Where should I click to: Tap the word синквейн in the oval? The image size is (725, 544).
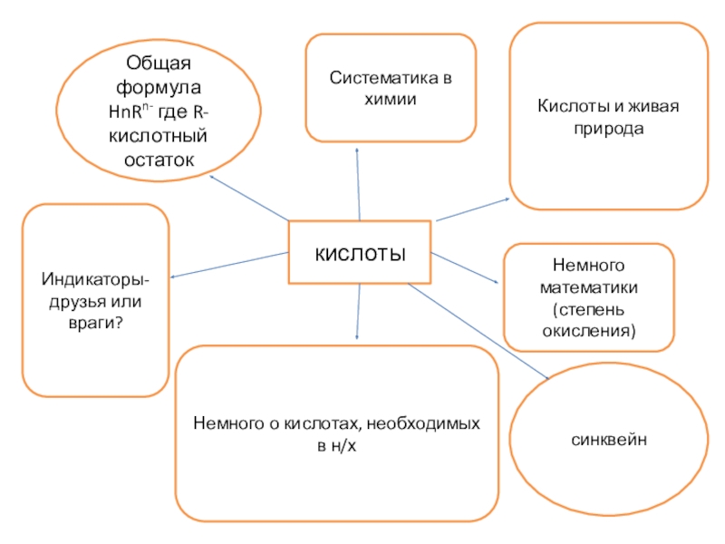[x=607, y=439]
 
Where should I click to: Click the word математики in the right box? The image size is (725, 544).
[x=589, y=288]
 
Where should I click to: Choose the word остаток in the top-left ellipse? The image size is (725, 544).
[x=159, y=159]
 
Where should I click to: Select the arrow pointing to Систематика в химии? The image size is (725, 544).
[x=358, y=181]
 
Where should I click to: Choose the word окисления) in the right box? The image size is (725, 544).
[x=589, y=331]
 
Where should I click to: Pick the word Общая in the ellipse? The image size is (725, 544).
[x=159, y=64]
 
